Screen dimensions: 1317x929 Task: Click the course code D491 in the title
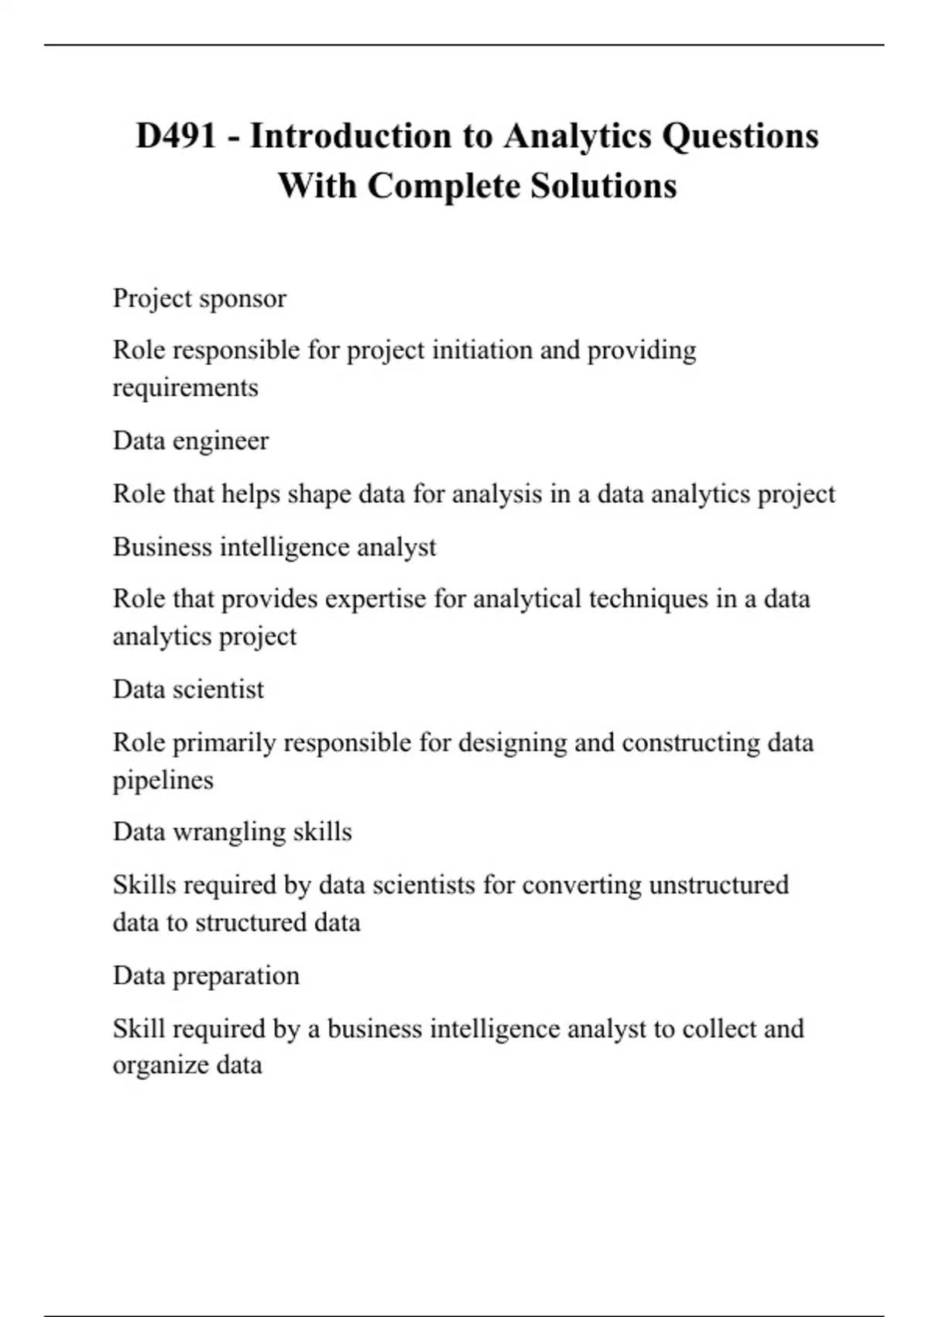[176, 136]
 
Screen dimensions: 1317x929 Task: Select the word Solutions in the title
[604, 186]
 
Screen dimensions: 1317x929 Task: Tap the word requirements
[185, 388]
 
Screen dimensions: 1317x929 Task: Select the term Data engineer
[190, 441]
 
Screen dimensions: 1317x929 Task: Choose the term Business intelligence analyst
[274, 547]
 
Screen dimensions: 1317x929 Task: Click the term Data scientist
[188, 689]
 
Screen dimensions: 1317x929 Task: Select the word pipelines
[163, 780]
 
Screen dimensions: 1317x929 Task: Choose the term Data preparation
[206, 975]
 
